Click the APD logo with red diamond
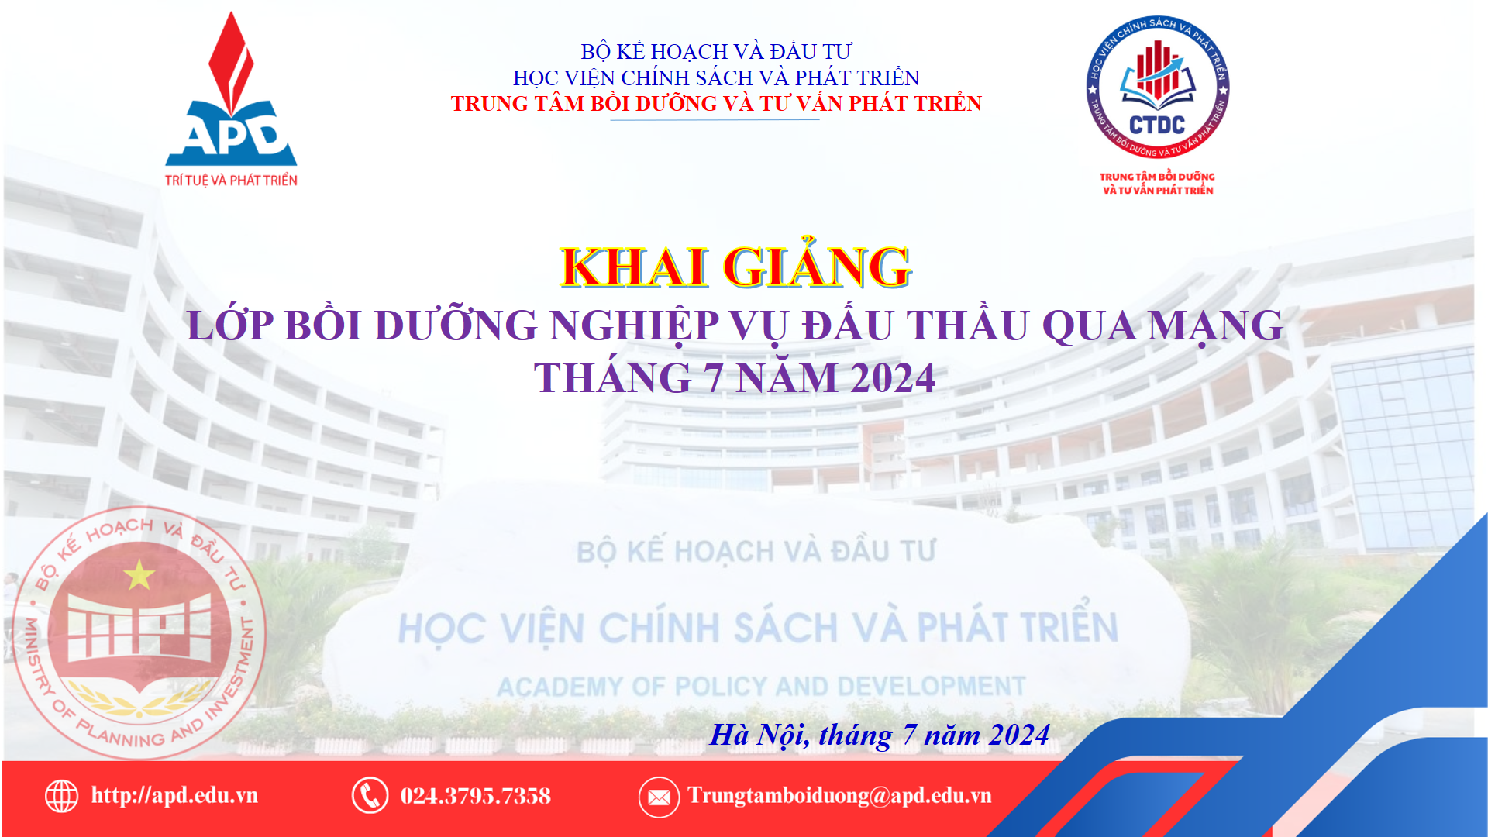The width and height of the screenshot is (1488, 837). pos(231,99)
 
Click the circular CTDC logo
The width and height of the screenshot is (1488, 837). pos(1157,87)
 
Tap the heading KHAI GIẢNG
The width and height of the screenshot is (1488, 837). pos(735,266)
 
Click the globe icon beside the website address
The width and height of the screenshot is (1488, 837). pos(61,796)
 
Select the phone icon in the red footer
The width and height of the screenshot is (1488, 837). pos(370,795)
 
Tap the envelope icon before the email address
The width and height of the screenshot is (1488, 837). pos(659,797)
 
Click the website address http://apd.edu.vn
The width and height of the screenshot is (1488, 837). pos(174,795)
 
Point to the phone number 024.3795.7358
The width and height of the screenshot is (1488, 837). pos(475,796)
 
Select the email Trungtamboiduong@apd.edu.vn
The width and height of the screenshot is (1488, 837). pos(839,796)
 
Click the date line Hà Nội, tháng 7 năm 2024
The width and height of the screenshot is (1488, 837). pos(880,735)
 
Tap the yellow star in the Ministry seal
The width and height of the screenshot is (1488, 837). pos(139,574)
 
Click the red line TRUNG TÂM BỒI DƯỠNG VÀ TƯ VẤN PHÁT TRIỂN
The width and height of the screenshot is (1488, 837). pos(716,103)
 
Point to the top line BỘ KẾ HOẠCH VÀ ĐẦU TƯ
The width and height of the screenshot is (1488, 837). pos(716,51)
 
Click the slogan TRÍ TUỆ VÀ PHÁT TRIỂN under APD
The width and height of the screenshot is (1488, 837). pos(231,181)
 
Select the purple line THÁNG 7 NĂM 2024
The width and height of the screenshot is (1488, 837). pos(735,378)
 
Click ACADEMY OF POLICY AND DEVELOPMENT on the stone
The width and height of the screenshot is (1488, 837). pos(761,687)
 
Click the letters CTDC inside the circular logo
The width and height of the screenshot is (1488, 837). pos(1157,125)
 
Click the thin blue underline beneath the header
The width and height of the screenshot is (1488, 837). pos(715,120)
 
